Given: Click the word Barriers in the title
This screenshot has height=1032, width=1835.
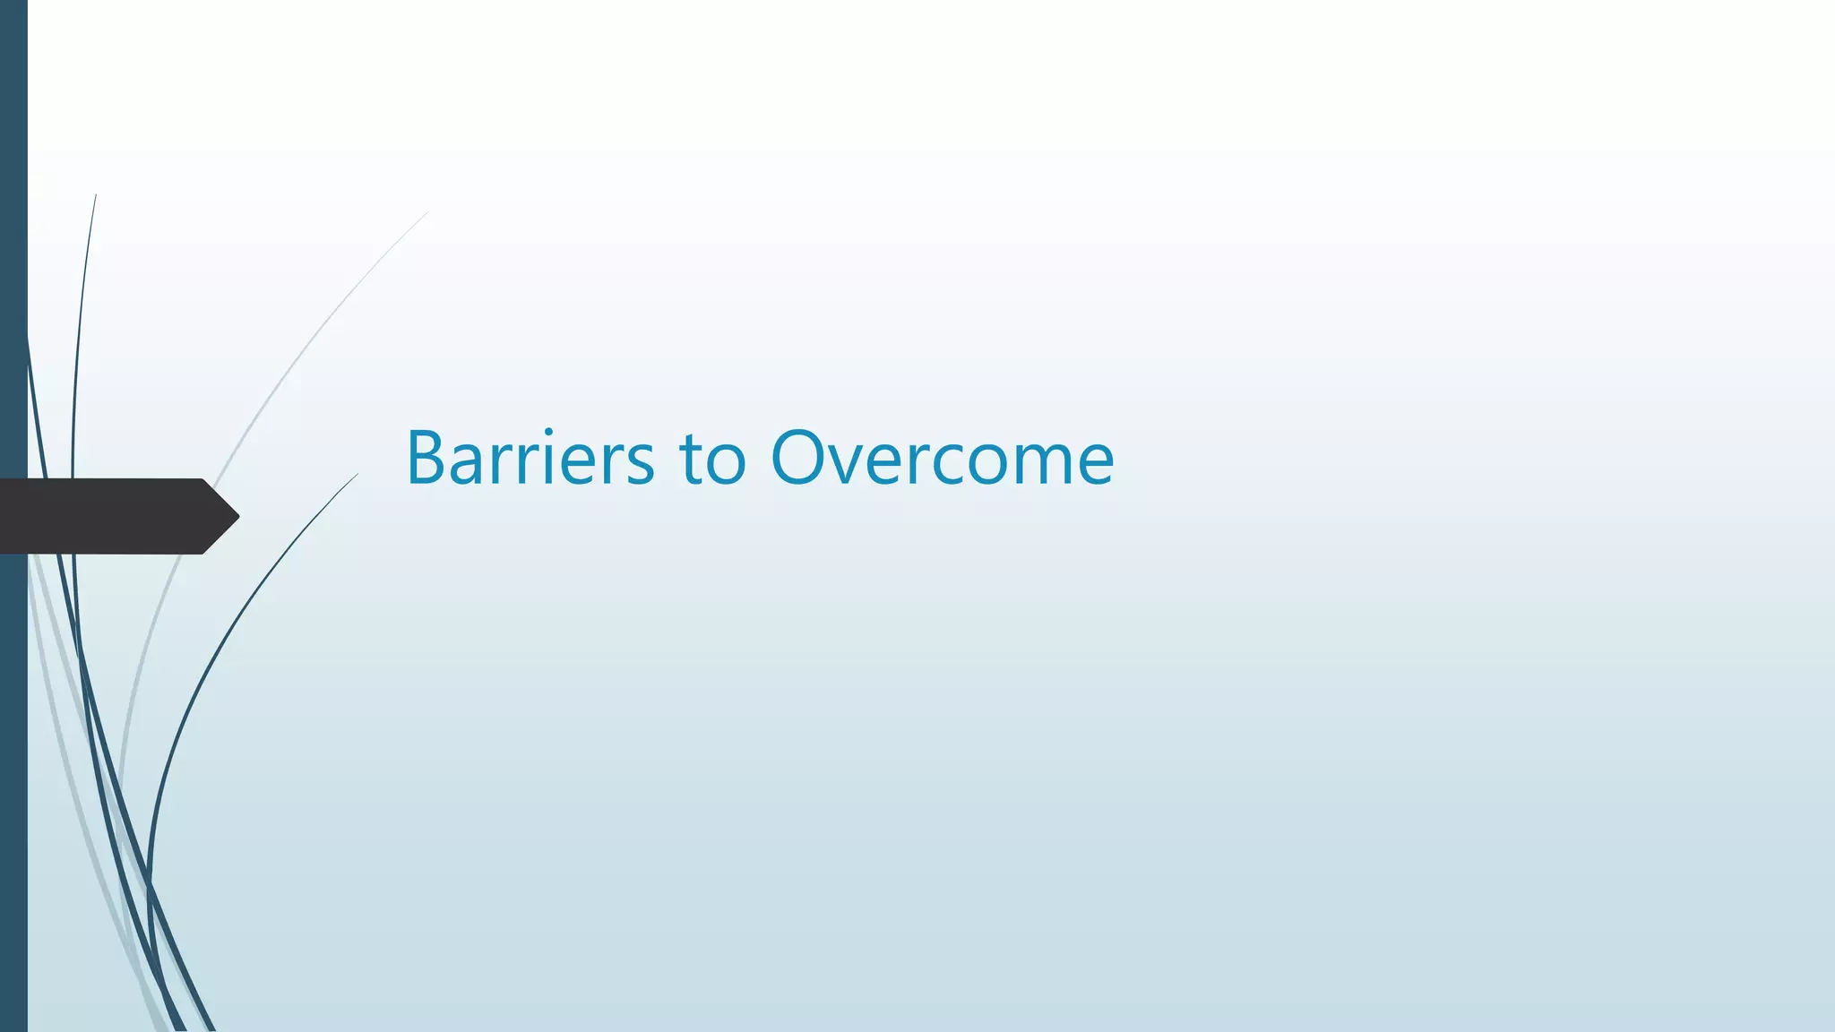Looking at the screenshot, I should [530, 459].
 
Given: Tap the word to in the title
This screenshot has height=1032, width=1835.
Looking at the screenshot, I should [712, 459].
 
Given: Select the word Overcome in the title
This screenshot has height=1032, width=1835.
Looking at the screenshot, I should [942, 459].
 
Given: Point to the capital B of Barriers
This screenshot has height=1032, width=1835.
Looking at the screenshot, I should [428, 459].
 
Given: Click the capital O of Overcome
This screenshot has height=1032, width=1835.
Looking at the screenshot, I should [801, 459].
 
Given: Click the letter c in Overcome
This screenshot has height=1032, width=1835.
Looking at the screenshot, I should [957, 466].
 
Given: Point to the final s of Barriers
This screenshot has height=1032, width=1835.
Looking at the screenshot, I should [639, 466].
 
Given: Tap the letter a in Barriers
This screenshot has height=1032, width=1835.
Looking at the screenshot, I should [471, 466].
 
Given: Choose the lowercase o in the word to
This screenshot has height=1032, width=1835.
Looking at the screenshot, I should [727, 466].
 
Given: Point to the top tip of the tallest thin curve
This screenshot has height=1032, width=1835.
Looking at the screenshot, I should [96, 196].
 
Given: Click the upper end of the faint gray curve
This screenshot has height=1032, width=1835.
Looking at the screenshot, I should [426, 213].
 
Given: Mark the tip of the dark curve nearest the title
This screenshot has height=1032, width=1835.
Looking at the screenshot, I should [357, 475].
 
